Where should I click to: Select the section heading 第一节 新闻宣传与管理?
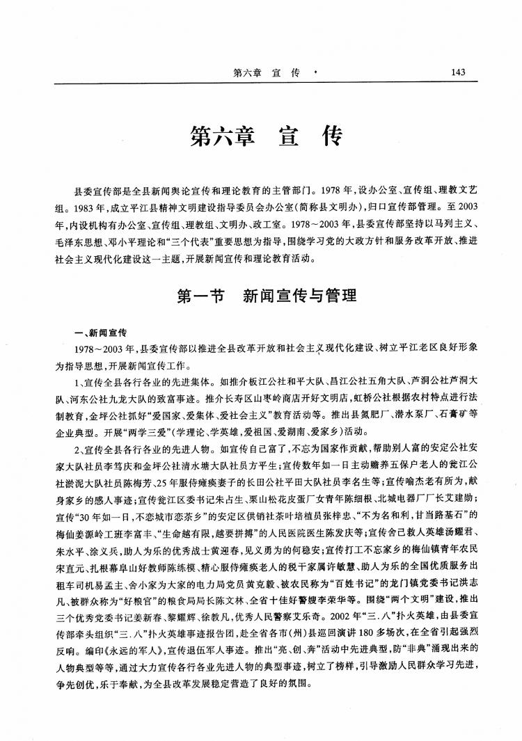pos(267,296)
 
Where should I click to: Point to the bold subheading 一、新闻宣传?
pos(106,333)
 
